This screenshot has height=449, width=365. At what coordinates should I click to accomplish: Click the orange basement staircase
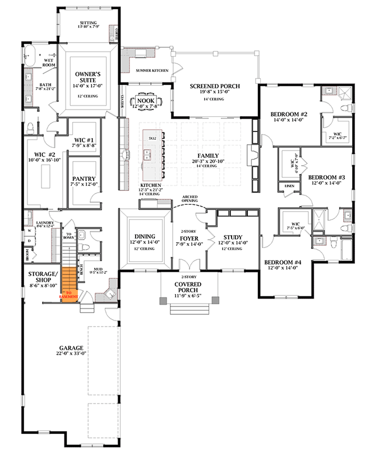[68, 284]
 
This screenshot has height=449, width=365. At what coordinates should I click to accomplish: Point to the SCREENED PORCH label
[215, 86]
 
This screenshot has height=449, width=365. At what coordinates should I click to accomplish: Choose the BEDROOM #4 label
[283, 262]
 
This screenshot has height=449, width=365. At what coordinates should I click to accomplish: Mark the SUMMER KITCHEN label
[153, 71]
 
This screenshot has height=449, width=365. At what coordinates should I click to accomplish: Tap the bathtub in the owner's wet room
[30, 57]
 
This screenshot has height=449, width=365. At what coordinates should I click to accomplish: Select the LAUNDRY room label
[44, 223]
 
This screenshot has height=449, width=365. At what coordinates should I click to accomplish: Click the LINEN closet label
[289, 185]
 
